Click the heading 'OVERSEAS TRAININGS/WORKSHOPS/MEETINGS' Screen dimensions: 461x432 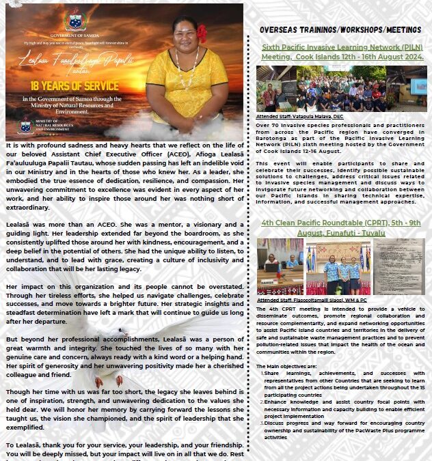point(340,31)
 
